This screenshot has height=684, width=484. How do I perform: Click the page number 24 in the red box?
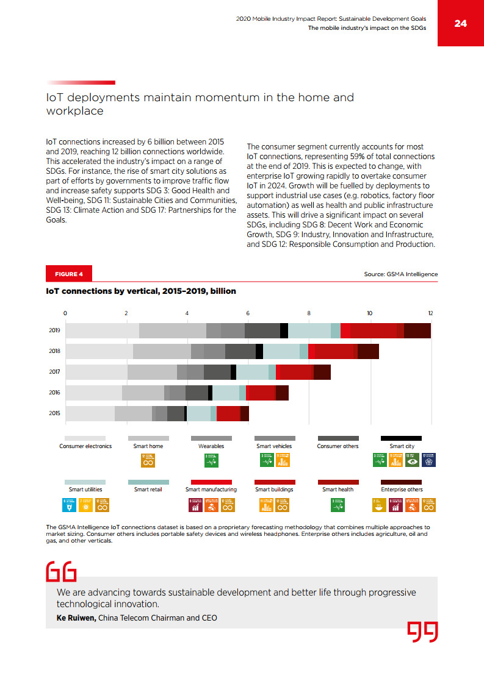pyautogui.click(x=460, y=23)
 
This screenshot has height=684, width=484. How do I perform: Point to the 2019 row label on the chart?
pyautogui.click(x=55, y=330)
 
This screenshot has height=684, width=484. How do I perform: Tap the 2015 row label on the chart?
pyautogui.click(x=55, y=413)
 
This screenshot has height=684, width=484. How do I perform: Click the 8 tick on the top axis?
pyautogui.click(x=309, y=313)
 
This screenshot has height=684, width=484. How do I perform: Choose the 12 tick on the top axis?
pyautogui.click(x=430, y=313)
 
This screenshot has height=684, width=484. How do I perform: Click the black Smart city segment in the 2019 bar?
pyautogui.click(x=284, y=330)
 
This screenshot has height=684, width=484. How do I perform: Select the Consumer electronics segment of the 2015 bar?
pyautogui.click(x=90, y=413)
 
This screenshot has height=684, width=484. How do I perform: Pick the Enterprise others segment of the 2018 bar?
pyautogui.click(x=368, y=351)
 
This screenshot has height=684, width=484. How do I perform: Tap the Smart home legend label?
pyautogui.click(x=148, y=446)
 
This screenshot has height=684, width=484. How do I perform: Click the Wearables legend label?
pyautogui.click(x=211, y=446)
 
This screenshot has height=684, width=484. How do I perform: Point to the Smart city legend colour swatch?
pyautogui.click(x=402, y=438)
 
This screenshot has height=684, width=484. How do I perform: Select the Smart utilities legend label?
pyautogui.click(x=85, y=489)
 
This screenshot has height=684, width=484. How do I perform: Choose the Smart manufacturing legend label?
pyautogui.click(x=211, y=489)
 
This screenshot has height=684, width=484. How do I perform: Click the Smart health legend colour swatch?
pyautogui.click(x=338, y=482)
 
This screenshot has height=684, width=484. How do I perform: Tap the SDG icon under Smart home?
pyautogui.click(x=148, y=460)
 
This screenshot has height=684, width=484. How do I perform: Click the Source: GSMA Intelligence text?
pyautogui.click(x=400, y=274)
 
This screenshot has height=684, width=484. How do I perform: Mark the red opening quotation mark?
pyautogui.click(x=61, y=571)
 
